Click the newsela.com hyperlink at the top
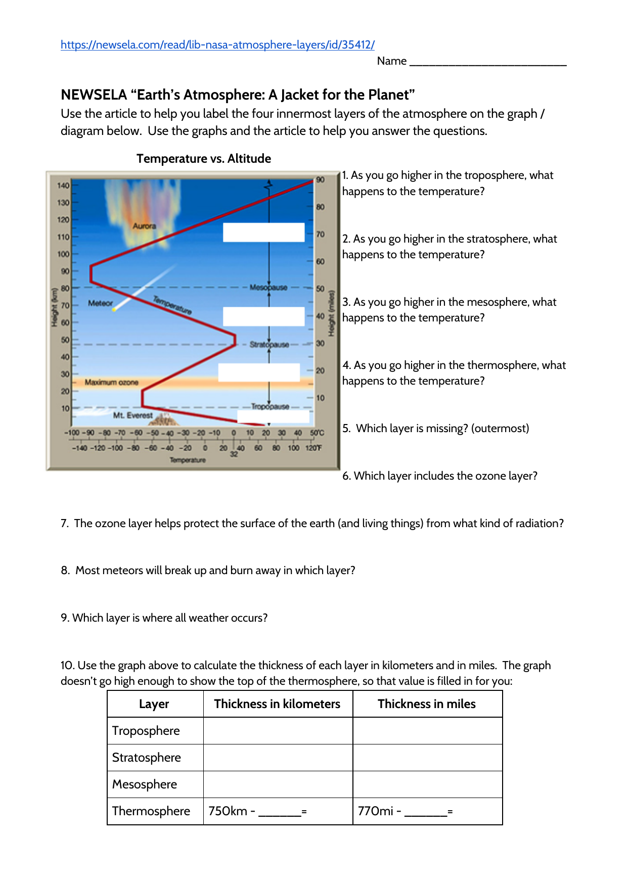coord(217,45)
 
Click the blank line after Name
coord(487,62)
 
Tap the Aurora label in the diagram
coord(144,226)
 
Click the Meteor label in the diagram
coord(100,303)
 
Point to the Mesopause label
coord(268,287)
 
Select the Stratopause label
coord(269,345)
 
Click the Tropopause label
coord(270,406)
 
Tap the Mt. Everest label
coord(132,415)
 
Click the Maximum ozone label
coord(111,382)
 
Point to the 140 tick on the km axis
coord(63,185)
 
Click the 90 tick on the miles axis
coord(321,180)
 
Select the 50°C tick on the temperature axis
coord(317,433)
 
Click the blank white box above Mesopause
coord(263,232)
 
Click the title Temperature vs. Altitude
coord(204,159)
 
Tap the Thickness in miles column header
coord(427,704)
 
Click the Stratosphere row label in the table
coord(147,758)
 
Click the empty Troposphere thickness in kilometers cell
coord(278,731)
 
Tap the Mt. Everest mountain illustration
coord(164,419)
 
